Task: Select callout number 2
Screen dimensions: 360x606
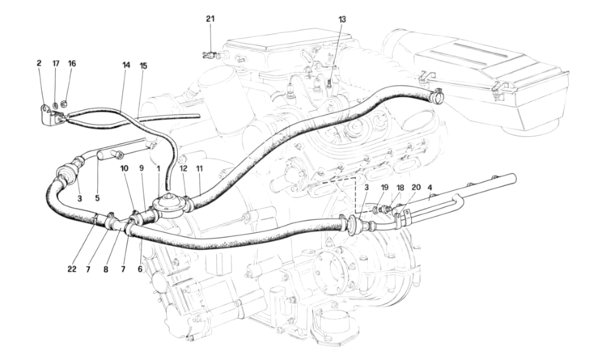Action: tap(38, 62)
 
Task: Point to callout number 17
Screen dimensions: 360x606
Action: tap(56, 62)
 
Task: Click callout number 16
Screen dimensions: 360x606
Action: tap(72, 62)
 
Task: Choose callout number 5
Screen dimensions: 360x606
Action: tap(98, 198)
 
